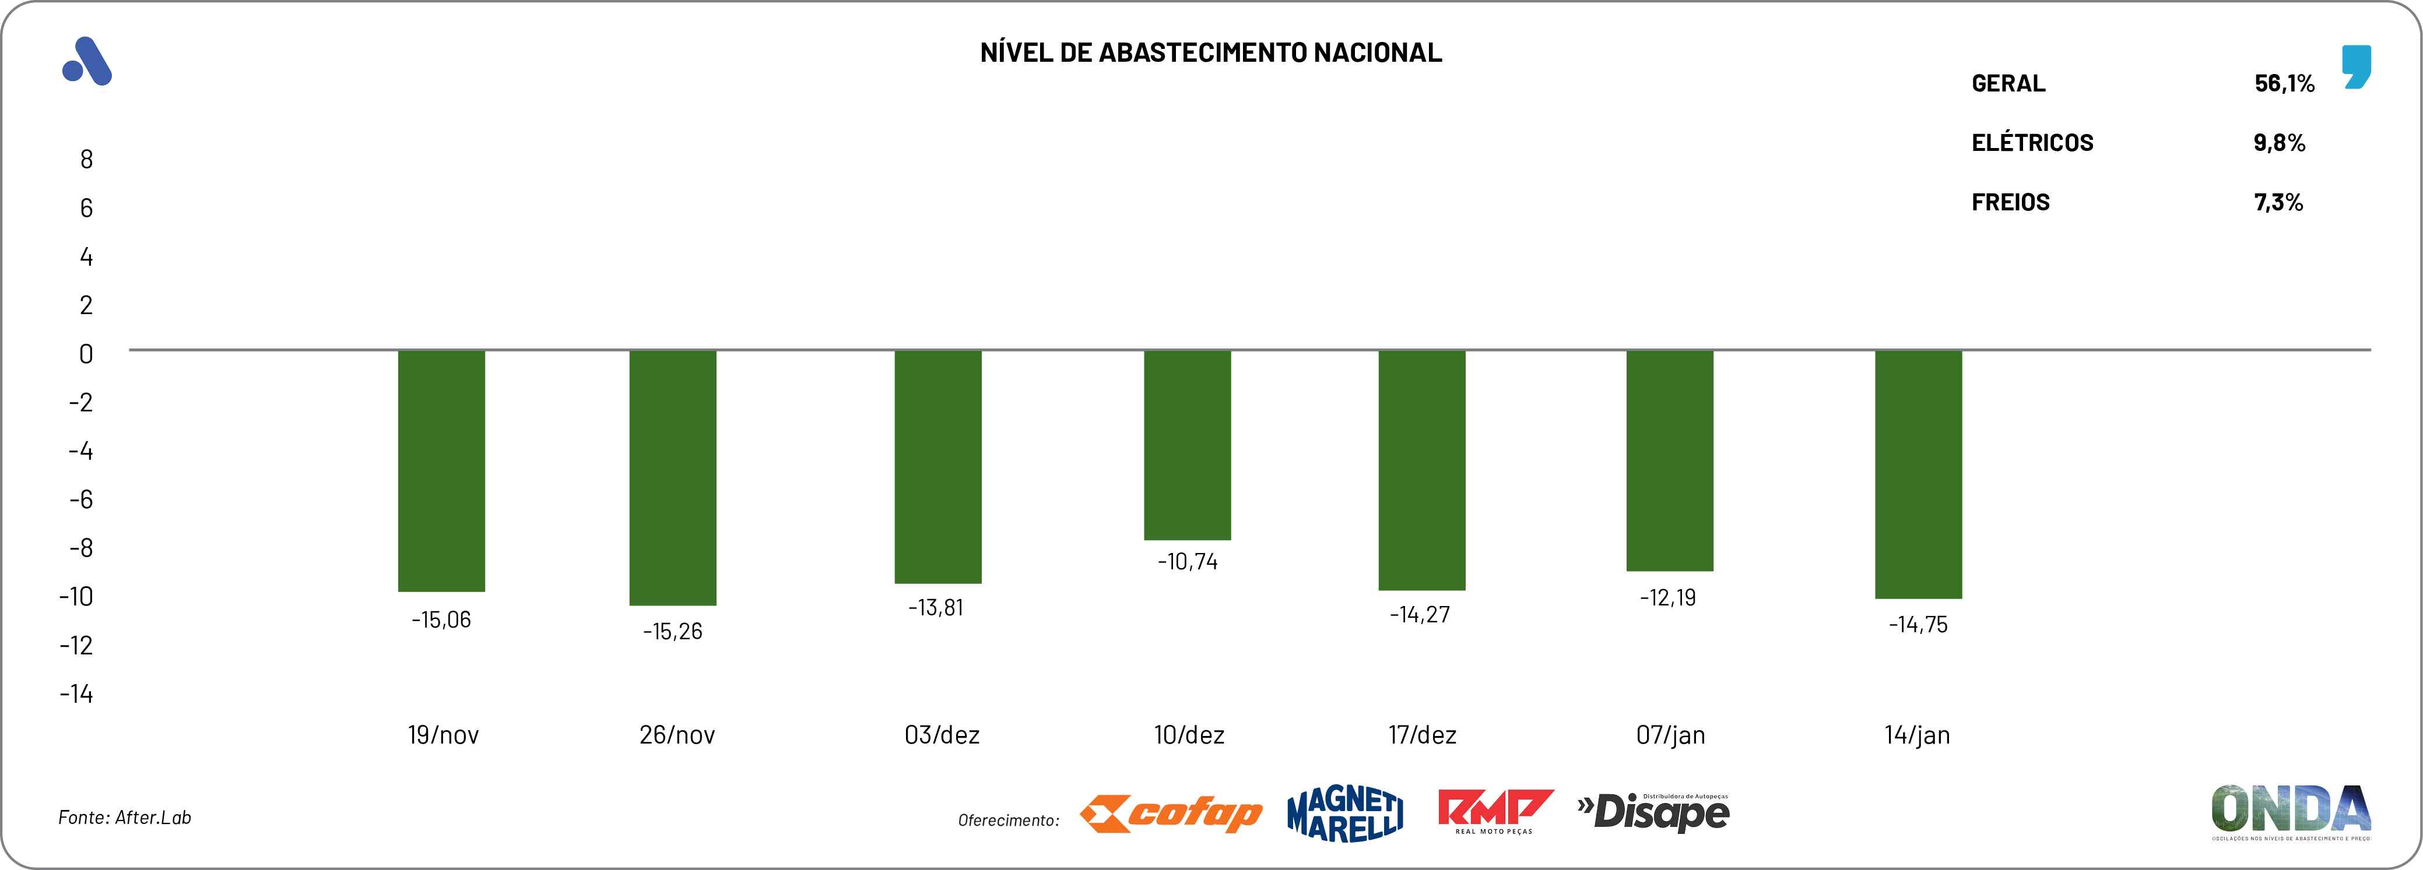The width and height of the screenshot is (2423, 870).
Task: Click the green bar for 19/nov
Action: [441, 470]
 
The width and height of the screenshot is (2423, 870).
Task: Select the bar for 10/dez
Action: [1187, 445]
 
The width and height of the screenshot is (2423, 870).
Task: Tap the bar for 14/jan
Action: [1918, 474]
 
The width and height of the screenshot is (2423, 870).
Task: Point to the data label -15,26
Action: [673, 631]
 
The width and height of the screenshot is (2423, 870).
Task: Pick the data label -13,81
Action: [936, 608]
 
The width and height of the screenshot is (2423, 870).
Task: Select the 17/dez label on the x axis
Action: [1422, 735]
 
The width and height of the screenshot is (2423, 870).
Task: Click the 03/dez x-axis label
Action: [942, 735]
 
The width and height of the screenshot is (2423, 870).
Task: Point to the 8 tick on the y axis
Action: [86, 159]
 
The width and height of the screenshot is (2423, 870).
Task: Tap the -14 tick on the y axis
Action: [76, 694]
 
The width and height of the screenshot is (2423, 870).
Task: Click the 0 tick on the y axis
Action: [86, 354]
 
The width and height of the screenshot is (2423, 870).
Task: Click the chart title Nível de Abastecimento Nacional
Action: [1210, 52]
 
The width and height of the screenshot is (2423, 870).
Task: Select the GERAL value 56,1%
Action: [2284, 84]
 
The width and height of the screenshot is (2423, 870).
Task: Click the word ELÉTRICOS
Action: [2032, 143]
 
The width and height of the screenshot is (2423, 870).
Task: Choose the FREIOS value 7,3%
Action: [2278, 202]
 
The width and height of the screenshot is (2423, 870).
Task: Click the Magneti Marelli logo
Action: [1345, 813]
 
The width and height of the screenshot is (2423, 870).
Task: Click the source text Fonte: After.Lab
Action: [125, 818]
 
